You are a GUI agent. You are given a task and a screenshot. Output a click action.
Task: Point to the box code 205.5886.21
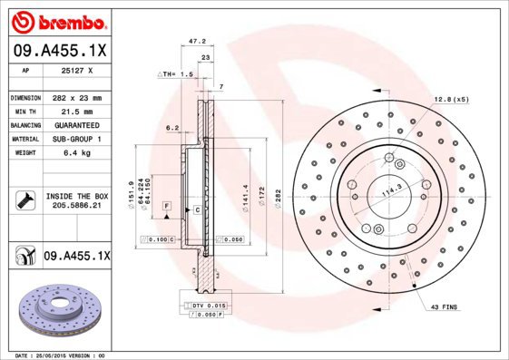tap(75, 206)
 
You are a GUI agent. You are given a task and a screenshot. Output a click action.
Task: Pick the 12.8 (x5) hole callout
tap(451, 98)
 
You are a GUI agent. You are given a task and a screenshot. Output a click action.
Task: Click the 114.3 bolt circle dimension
tap(392, 192)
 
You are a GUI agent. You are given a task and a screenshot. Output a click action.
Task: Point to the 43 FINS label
tap(445, 307)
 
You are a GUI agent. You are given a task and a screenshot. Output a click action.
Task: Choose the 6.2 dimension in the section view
tap(171, 128)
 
